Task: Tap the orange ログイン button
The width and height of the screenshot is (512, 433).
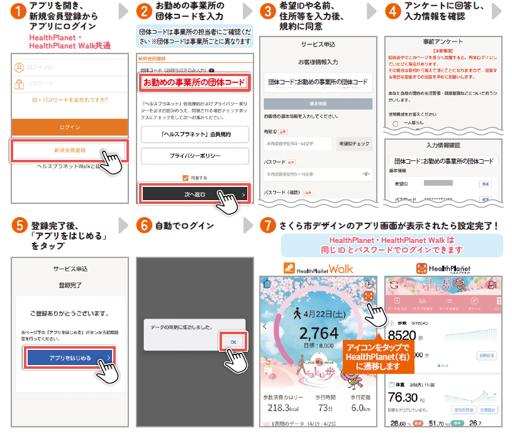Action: pos(70,127)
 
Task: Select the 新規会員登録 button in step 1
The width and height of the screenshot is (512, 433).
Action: pos(70,150)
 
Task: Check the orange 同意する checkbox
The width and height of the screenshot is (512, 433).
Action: pos(185,177)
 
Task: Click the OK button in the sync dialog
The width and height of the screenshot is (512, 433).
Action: pos(232,342)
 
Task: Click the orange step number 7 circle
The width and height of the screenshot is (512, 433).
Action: pos(269,224)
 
